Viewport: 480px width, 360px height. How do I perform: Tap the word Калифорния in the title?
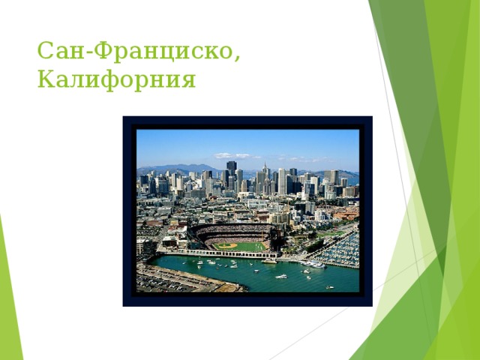click(117, 79)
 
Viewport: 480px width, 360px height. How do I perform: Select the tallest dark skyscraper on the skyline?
click(232, 171)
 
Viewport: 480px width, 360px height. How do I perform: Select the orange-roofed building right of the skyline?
click(346, 214)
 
